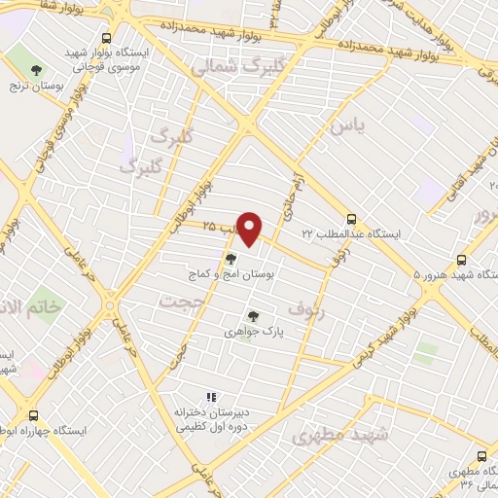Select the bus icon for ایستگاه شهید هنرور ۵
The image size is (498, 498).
point(462,260)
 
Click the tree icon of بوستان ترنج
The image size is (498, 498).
point(37,70)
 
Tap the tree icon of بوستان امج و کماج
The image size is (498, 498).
point(231,259)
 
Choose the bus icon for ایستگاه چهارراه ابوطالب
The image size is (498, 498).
point(34,415)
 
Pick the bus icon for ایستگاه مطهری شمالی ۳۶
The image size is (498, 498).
point(482,455)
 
